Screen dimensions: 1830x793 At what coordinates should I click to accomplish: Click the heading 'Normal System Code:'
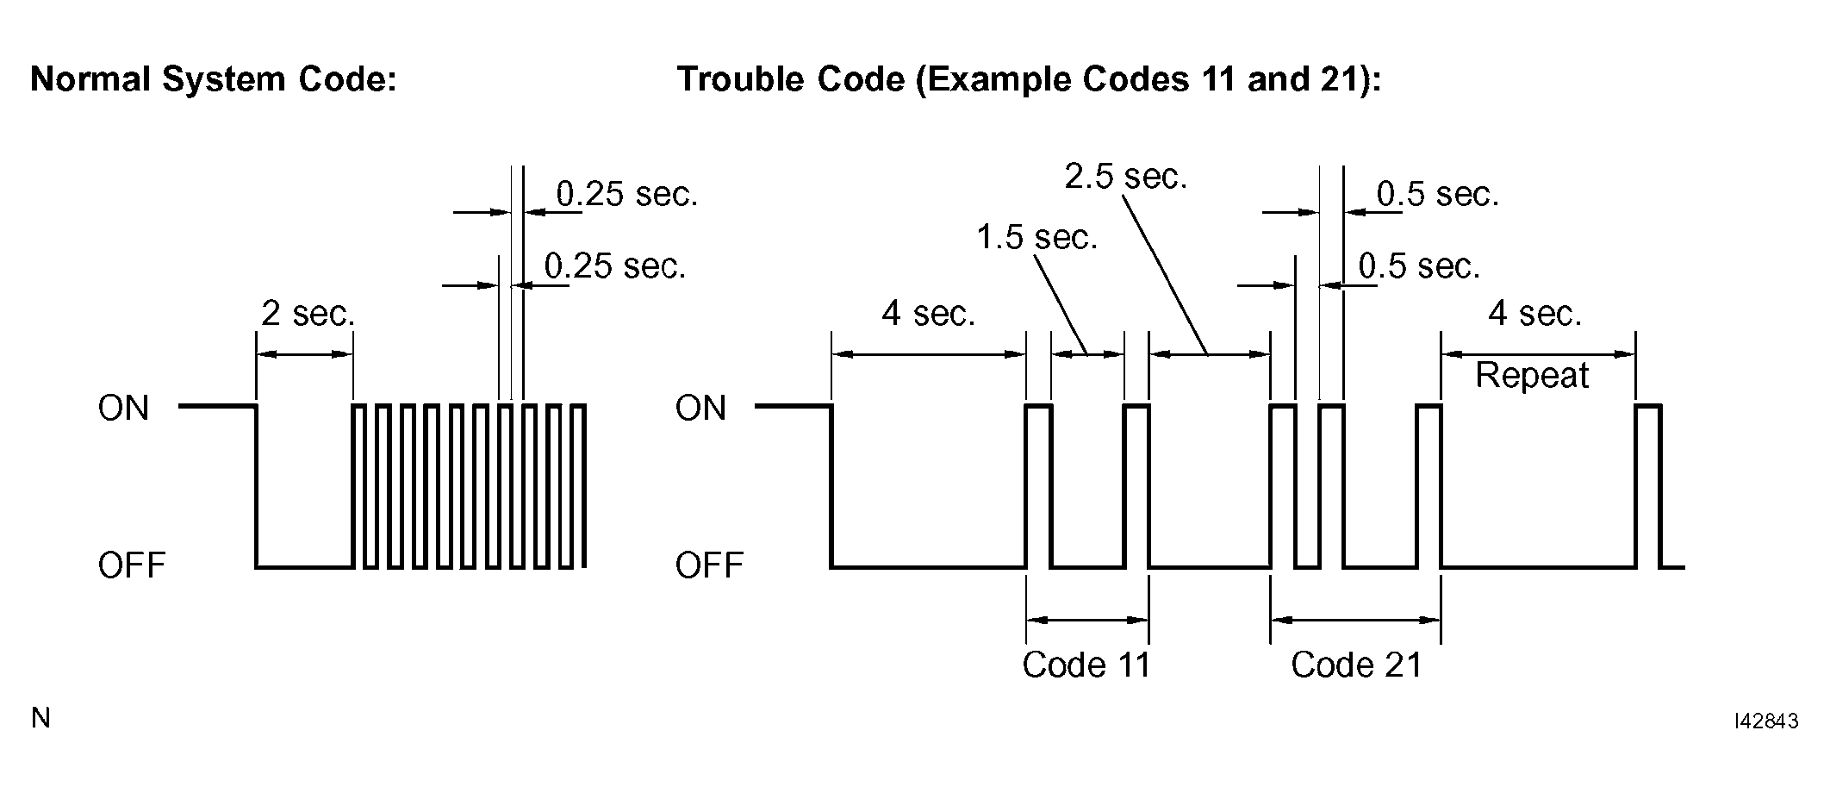click(x=213, y=79)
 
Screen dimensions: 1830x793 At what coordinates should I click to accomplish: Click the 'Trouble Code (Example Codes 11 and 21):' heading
click(x=1029, y=79)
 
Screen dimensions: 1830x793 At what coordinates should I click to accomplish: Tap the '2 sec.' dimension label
click(x=308, y=314)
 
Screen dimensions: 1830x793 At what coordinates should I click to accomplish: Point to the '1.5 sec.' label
click(x=1037, y=237)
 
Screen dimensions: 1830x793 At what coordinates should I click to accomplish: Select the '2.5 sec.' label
click(x=1126, y=177)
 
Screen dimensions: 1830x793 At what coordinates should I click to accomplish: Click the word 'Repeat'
click(x=1532, y=376)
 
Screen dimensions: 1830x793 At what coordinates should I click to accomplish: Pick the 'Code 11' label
click(x=1086, y=665)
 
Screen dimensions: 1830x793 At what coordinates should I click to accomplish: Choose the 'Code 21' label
click(x=1356, y=665)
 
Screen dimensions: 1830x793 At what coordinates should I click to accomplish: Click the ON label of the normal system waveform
click(x=124, y=408)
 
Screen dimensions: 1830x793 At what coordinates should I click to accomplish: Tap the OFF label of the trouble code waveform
click(x=709, y=565)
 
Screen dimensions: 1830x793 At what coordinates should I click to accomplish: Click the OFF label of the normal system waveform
click(x=132, y=565)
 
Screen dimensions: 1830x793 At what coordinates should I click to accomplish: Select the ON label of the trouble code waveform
click(x=701, y=408)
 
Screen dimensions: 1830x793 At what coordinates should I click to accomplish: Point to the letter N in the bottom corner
click(x=40, y=718)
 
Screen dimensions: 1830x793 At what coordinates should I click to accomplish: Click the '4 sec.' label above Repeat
click(x=1535, y=314)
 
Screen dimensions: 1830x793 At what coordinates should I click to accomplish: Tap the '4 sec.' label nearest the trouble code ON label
click(x=928, y=314)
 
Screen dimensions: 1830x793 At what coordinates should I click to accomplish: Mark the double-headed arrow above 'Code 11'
click(x=1087, y=619)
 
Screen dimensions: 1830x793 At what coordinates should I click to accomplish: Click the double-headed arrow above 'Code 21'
click(x=1355, y=619)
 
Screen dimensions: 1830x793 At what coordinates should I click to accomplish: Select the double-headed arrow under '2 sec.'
click(x=305, y=353)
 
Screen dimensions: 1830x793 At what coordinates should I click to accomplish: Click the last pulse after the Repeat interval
click(x=1648, y=487)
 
